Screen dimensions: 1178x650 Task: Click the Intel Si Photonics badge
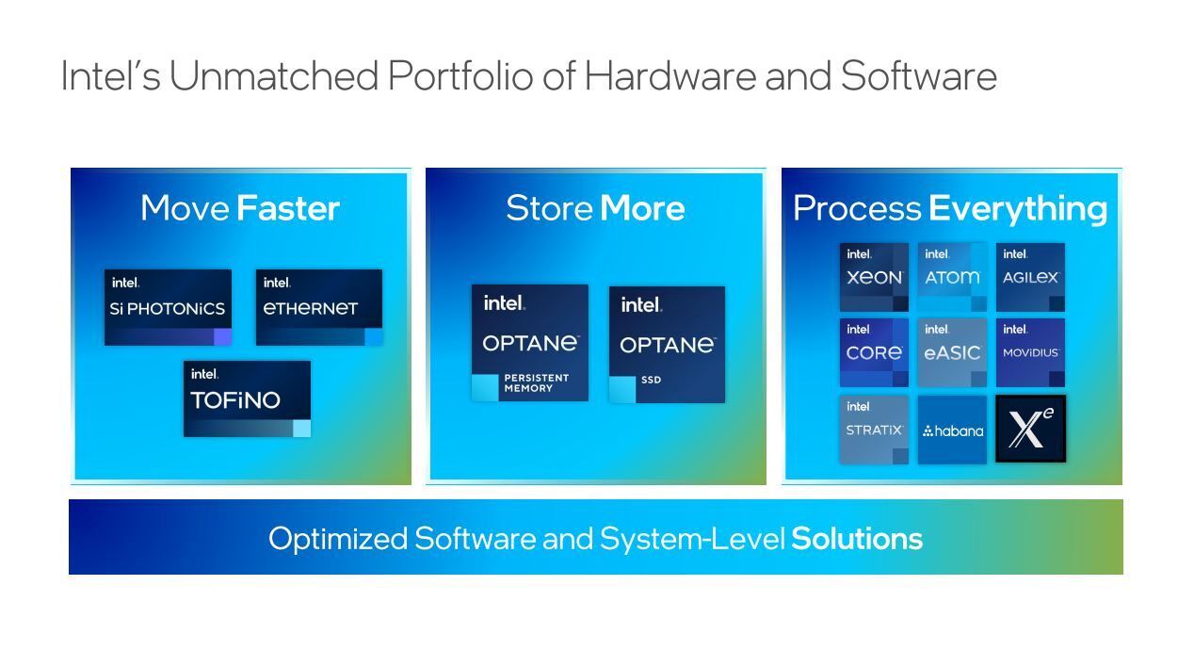[168, 307]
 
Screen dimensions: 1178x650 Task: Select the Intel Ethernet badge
[319, 307]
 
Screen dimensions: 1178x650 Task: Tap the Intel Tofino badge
[247, 398]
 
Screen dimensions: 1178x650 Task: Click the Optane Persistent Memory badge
[529, 343]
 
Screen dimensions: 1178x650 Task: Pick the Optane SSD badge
[667, 345]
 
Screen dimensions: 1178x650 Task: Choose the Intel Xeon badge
[874, 277]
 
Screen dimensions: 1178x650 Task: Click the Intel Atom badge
[952, 277]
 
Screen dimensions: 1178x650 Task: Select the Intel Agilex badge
[1031, 277]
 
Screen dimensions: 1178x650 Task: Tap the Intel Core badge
[874, 352]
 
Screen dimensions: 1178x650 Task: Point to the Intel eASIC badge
[952, 352]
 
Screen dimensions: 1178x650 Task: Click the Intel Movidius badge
[1031, 352]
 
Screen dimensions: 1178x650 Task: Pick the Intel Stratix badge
[874, 430]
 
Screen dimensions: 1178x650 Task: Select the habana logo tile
[952, 430]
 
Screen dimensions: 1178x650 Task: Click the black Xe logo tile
[1031, 429]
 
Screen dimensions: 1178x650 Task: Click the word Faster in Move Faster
[288, 208]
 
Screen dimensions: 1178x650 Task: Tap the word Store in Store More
[550, 208]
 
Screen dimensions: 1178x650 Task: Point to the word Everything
[1018, 209]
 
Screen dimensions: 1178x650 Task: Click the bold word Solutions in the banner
[857, 539]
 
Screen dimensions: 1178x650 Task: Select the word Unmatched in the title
[273, 75]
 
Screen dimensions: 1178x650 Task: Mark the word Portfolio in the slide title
[460, 75]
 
